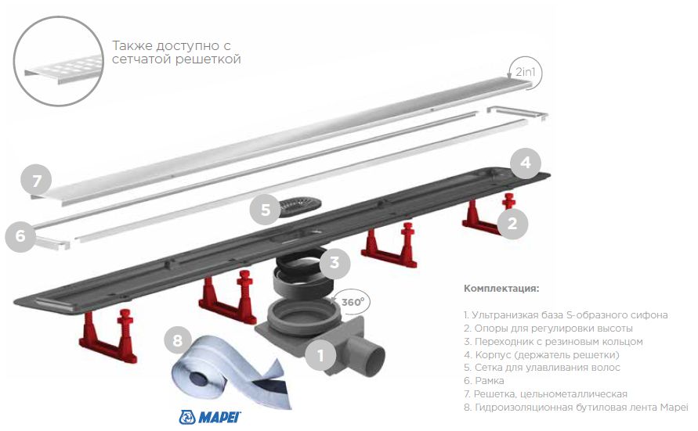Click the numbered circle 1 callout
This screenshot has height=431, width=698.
click(x=320, y=356)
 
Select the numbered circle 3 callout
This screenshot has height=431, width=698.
click(x=335, y=263)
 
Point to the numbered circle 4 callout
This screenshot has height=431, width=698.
click(x=526, y=163)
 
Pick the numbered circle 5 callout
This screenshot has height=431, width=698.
click(x=266, y=210)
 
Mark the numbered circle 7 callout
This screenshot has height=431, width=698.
click(x=36, y=180)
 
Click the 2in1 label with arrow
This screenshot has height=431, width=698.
click(x=526, y=73)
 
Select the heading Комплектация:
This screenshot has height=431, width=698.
click(x=501, y=289)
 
